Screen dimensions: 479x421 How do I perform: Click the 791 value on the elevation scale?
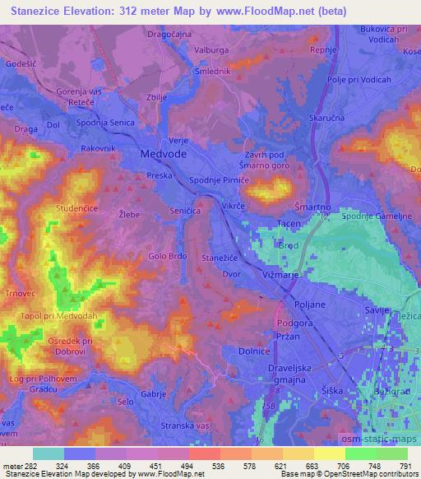[x=405, y=466]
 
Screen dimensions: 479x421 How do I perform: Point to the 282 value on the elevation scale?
[x=30, y=466]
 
